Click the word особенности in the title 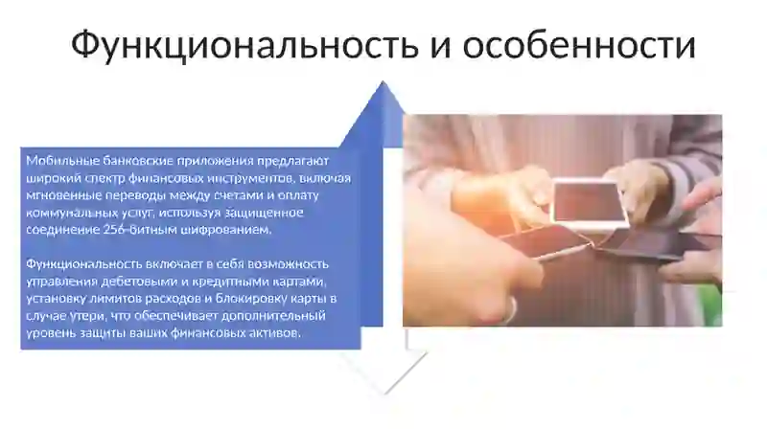coord(579,44)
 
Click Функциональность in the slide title coord(244,44)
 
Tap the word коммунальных coord(69,213)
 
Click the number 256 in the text coord(114,230)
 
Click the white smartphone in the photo coord(591,204)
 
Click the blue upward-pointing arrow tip coord(383,82)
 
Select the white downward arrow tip coord(386,393)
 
